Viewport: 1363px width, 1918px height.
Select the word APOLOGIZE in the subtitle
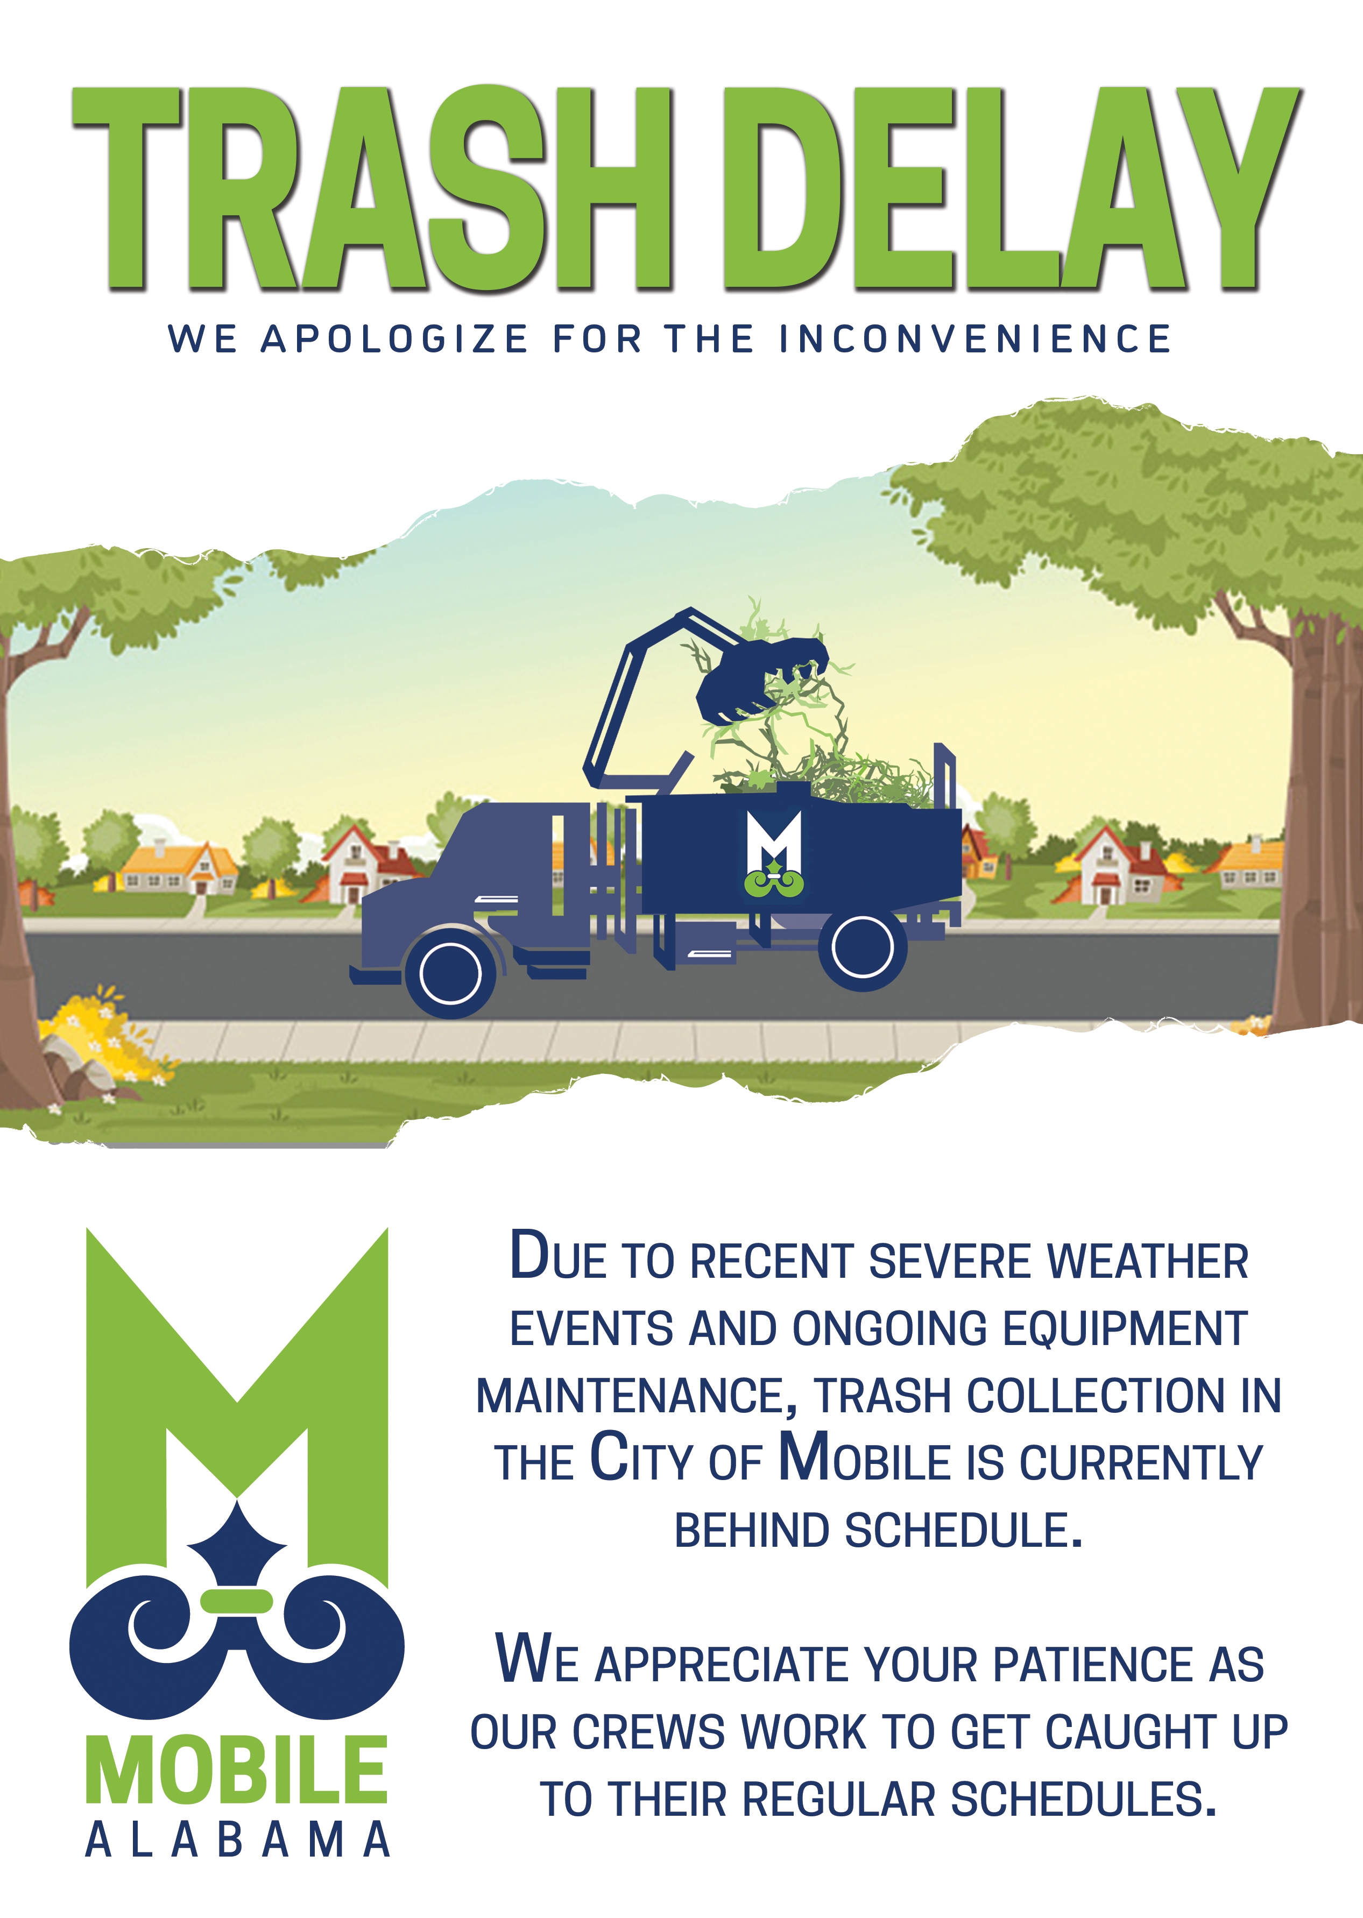(x=394, y=339)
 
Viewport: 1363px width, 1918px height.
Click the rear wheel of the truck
(x=862, y=947)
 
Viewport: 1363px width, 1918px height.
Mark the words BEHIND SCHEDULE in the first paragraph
(x=879, y=1531)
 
